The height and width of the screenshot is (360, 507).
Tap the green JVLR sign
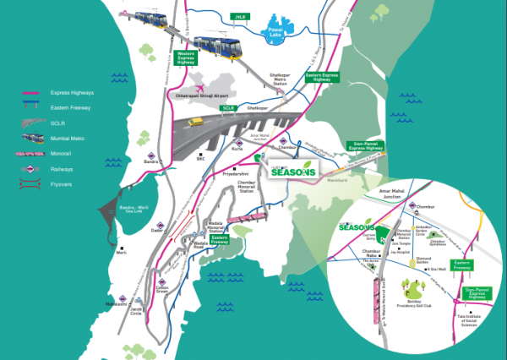(239, 16)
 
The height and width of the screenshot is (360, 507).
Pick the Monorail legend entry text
(63, 153)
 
